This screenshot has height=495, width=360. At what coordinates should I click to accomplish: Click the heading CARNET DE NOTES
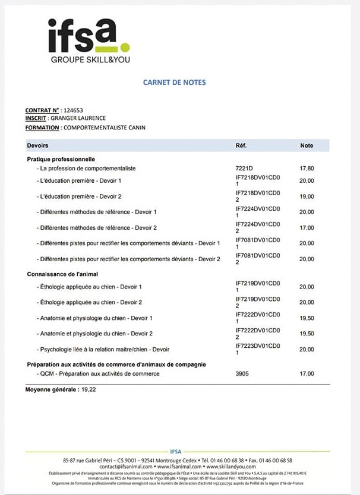coord(174,82)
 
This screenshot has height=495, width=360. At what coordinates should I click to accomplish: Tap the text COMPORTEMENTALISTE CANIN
coord(104,128)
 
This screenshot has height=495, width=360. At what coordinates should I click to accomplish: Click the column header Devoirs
coord(38,145)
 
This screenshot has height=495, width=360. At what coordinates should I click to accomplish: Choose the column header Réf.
coord(241,145)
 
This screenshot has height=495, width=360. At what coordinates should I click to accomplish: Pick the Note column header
coord(307,145)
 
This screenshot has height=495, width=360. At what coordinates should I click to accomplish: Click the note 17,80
coord(307,169)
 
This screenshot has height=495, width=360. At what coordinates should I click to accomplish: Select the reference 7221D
coord(244,169)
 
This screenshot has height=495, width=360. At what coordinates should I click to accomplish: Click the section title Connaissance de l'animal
coord(62,274)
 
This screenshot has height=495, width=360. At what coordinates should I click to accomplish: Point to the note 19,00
coord(307,196)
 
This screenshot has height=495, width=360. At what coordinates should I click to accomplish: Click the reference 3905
coord(242,374)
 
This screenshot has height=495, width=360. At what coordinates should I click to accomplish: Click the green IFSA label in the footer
coord(176,452)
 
